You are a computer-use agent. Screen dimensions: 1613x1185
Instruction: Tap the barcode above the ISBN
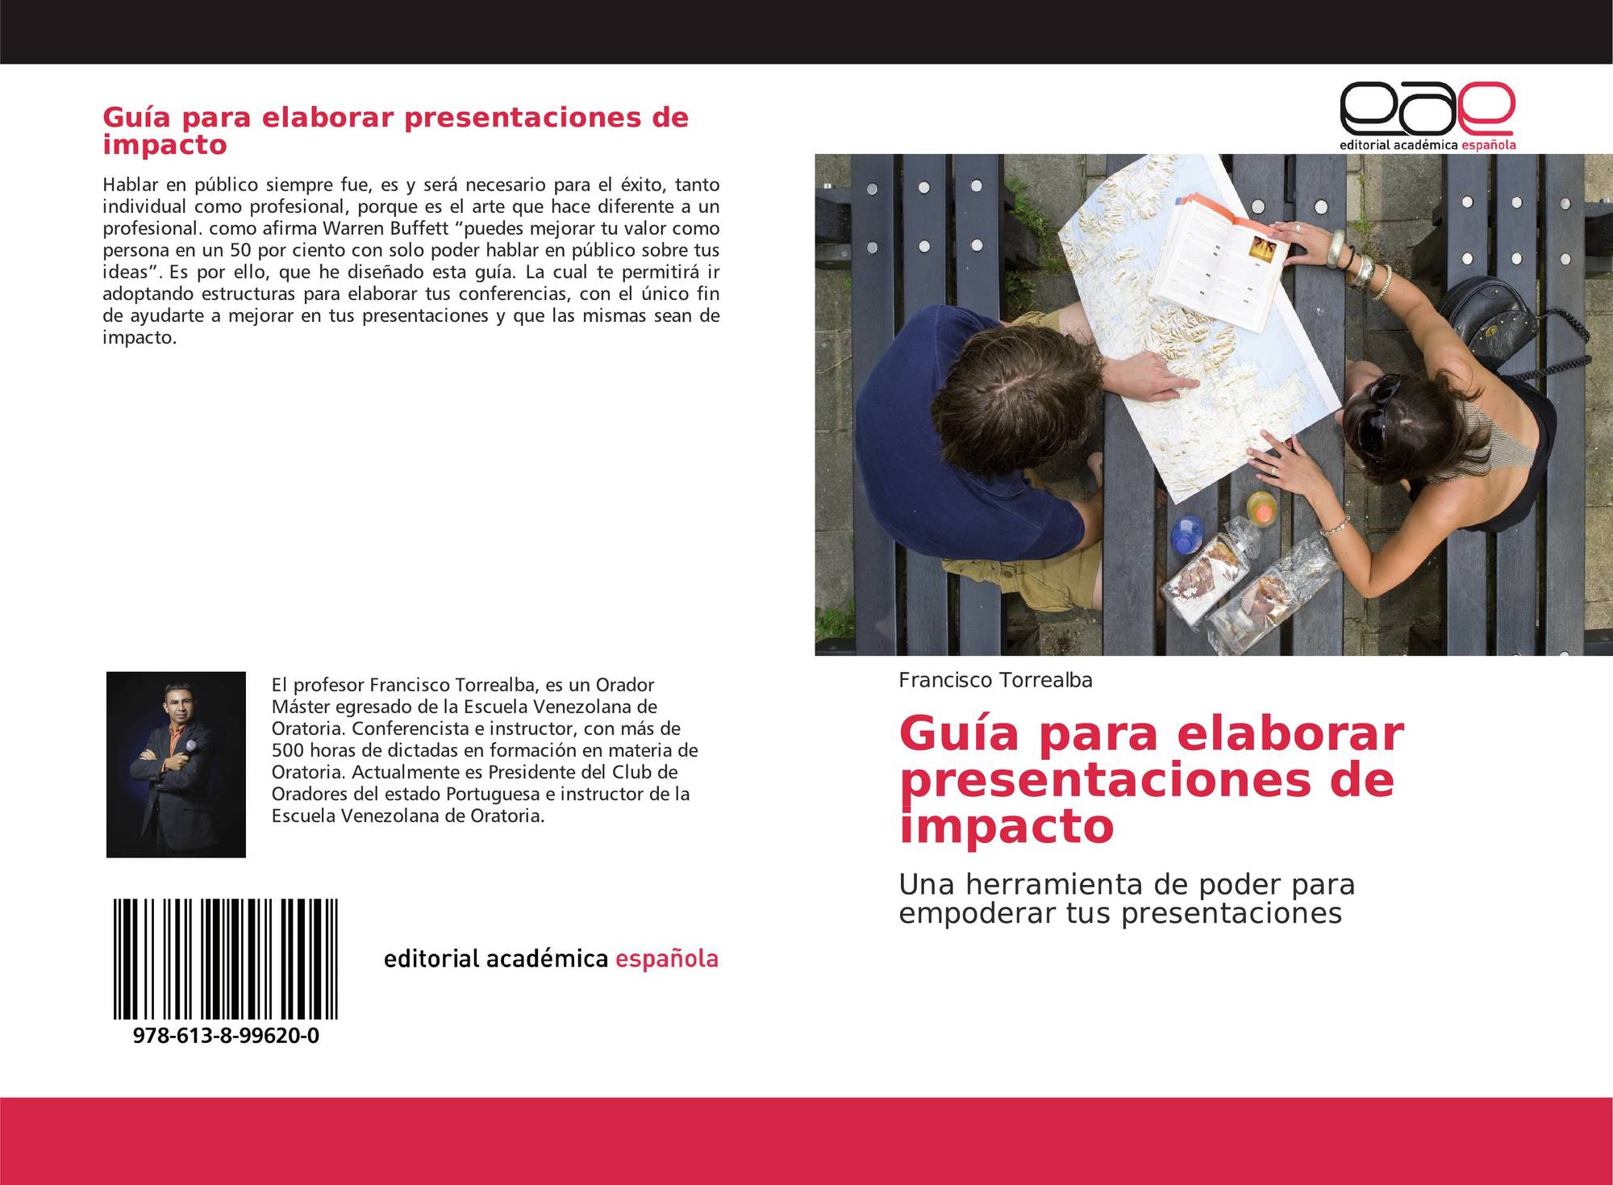coord(226,960)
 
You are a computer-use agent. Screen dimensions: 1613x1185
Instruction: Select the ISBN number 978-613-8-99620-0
coord(226,1036)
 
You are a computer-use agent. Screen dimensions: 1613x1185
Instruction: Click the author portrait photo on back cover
coord(176,764)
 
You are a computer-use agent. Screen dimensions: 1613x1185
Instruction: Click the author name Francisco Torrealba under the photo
coord(995,680)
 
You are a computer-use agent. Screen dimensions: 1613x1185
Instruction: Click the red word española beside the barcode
coord(666,958)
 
